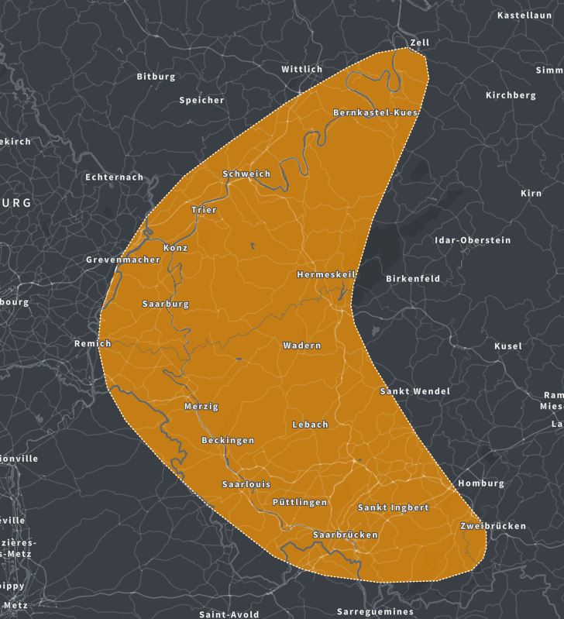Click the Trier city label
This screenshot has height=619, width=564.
(x=204, y=210)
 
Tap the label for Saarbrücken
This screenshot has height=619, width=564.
(x=345, y=535)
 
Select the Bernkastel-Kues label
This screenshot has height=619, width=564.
(x=375, y=113)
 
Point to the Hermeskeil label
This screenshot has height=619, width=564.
(x=326, y=275)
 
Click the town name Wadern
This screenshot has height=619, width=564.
(x=302, y=346)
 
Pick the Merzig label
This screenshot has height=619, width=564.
(x=201, y=407)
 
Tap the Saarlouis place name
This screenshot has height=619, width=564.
(x=246, y=484)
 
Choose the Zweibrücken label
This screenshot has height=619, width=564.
(x=493, y=526)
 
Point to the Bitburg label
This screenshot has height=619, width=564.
(x=156, y=77)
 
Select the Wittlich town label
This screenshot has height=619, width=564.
(x=301, y=69)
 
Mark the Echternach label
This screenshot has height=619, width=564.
(x=114, y=177)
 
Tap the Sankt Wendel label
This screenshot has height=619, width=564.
(x=414, y=391)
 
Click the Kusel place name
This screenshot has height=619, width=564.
(x=508, y=346)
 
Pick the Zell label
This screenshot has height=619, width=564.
(x=420, y=43)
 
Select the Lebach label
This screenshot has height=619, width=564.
(x=310, y=425)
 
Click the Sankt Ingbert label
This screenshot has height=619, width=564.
(x=393, y=507)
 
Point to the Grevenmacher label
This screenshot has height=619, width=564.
(x=123, y=260)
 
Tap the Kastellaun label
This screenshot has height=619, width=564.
(x=524, y=15)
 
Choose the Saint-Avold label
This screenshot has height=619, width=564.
(x=229, y=614)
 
